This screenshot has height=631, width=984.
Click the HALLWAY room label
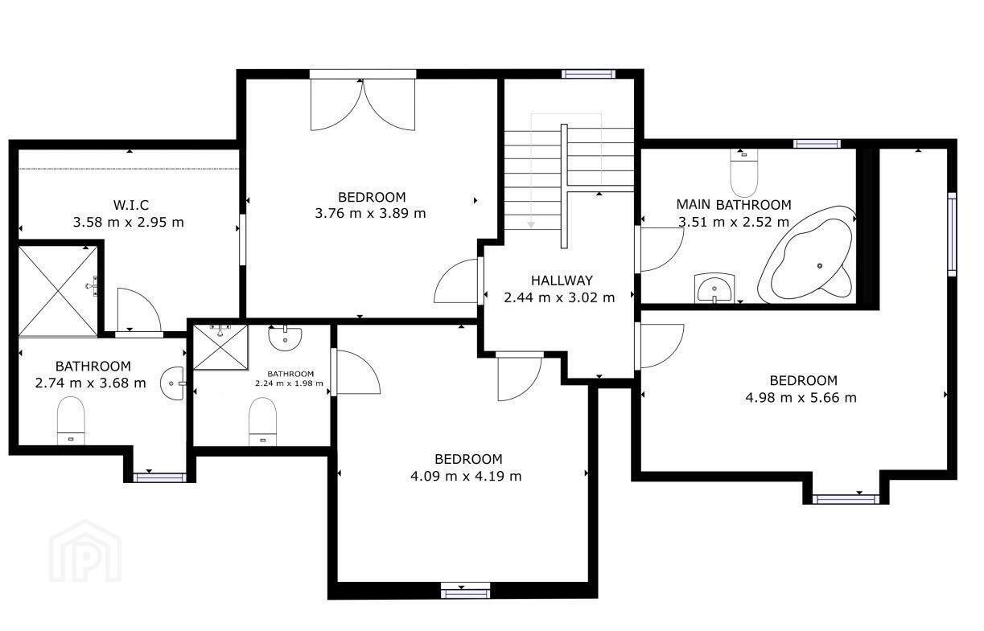click(562, 280)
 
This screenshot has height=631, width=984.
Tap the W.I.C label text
click(131, 205)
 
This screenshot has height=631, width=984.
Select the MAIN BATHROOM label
click(734, 204)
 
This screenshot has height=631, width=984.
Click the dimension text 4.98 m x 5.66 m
click(801, 398)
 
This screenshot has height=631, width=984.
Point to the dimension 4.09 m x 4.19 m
click(466, 476)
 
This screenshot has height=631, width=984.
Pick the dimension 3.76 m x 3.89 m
click(370, 213)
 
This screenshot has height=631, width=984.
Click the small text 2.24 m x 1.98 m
click(289, 383)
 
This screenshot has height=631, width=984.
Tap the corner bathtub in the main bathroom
click(806, 255)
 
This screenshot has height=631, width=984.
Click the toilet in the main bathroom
click(743, 173)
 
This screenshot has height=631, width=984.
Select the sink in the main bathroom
click(714, 288)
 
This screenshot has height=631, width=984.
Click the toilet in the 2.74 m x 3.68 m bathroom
click(71, 420)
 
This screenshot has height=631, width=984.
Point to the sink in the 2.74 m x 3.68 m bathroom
click(172, 383)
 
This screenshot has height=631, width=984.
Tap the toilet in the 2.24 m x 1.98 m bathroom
click(262, 421)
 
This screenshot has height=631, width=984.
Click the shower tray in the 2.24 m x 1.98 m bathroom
click(220, 347)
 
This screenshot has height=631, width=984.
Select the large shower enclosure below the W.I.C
click(58, 291)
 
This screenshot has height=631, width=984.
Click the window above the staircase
click(588, 74)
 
